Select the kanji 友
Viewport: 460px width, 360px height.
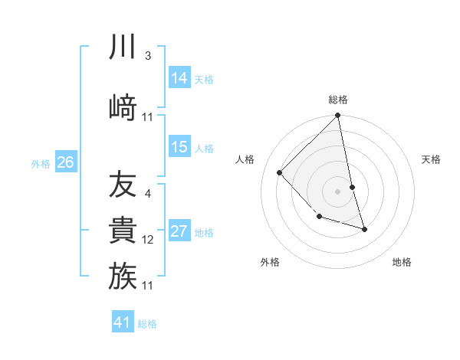point(123,185)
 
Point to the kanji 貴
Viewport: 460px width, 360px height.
point(123,231)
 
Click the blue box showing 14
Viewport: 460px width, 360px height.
point(179,77)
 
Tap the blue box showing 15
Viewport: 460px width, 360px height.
point(179,147)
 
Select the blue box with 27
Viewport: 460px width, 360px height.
point(179,231)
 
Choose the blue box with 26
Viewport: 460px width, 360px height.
point(66,162)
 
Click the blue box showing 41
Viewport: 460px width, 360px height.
point(123,322)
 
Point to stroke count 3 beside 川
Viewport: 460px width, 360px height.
point(147,56)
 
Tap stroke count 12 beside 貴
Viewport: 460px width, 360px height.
point(148,240)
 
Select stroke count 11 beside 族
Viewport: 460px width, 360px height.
point(148,285)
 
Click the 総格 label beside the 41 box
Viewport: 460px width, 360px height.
point(147,324)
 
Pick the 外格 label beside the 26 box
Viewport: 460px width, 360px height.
point(41,163)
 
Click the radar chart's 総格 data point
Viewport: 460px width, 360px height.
point(337,116)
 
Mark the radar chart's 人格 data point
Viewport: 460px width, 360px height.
point(280,173)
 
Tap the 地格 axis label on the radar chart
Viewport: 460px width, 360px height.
point(402,262)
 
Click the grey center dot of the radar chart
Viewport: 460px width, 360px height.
point(337,191)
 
